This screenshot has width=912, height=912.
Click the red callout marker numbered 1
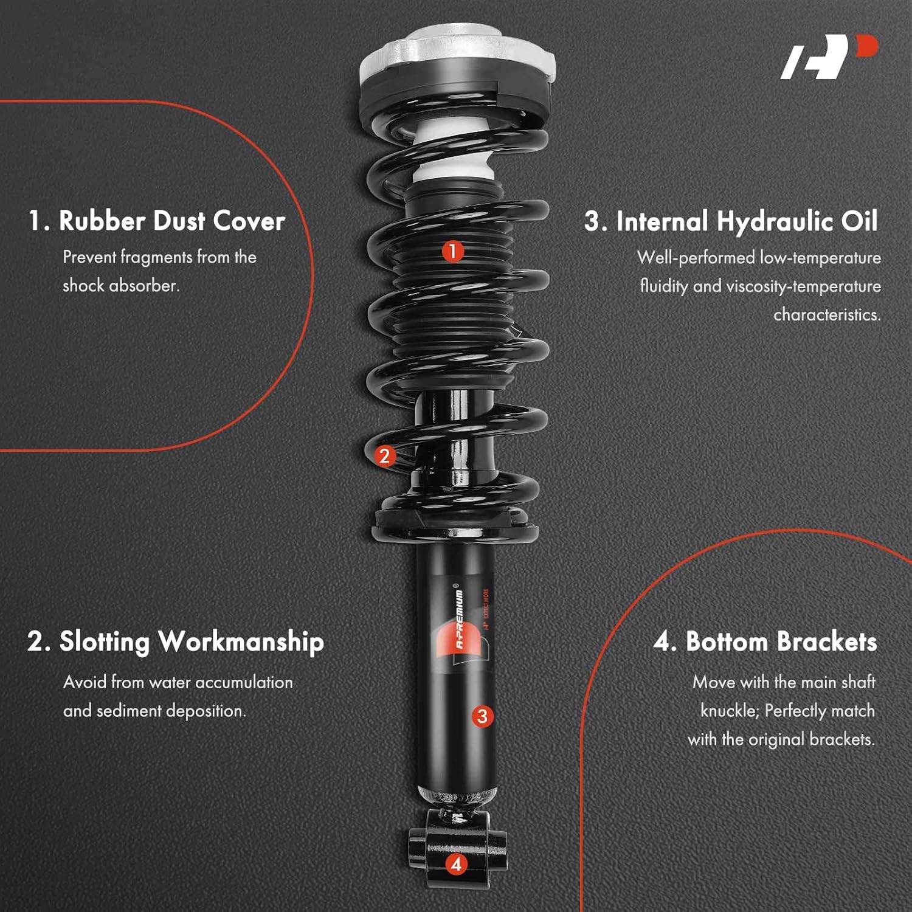coord(452,250)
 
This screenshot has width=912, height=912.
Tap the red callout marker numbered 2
coord(384,455)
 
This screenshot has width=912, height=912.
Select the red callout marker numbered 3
coord(482,716)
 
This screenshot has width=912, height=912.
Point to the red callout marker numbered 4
coord(456,863)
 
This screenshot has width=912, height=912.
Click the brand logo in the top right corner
coord(829,57)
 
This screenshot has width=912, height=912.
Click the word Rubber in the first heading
coord(102,221)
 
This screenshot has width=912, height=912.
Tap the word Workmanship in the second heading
coord(241,642)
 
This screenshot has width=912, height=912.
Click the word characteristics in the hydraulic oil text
coord(826,314)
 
